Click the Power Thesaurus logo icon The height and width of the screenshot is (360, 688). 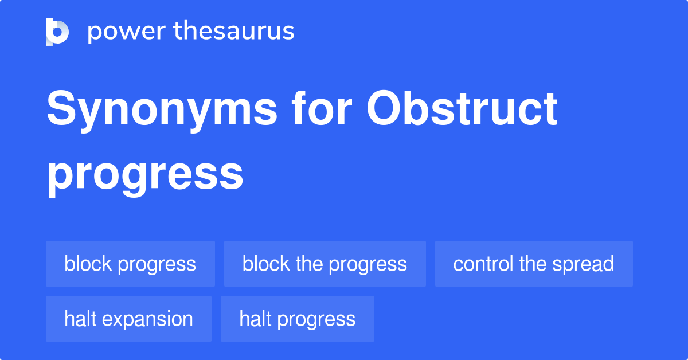pyautogui.click(x=57, y=32)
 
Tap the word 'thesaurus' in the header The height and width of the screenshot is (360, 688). pyautogui.click(x=234, y=32)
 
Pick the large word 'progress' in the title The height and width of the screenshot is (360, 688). pyautogui.click(x=145, y=175)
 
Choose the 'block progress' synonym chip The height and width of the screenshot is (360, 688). pyautogui.click(x=130, y=264)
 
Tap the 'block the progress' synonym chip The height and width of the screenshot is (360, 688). pyautogui.click(x=325, y=264)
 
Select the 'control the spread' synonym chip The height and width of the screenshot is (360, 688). pyautogui.click(x=533, y=264)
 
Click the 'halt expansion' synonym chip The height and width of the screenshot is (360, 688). pyautogui.click(x=128, y=319)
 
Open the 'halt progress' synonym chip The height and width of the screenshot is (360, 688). pyautogui.click(x=297, y=319)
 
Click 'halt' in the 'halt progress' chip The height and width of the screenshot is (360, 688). pyautogui.click(x=253, y=319)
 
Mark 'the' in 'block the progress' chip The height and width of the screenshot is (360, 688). pyautogui.click(x=309, y=264)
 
